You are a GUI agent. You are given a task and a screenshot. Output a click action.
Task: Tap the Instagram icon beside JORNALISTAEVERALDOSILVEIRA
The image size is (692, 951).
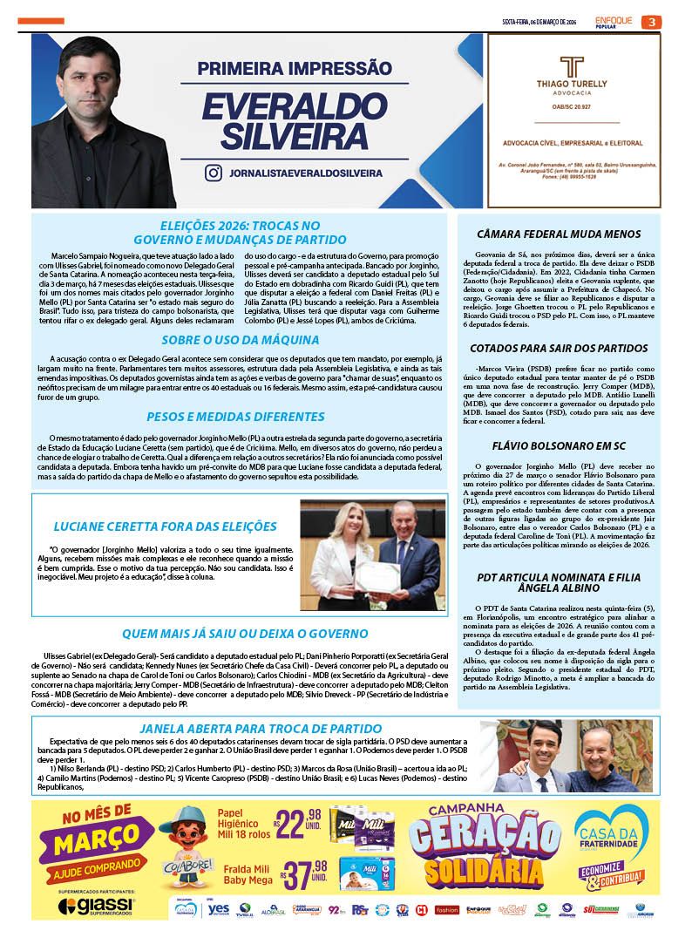[213, 173]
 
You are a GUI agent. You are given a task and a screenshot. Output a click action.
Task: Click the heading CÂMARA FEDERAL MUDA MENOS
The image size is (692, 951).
[560, 234]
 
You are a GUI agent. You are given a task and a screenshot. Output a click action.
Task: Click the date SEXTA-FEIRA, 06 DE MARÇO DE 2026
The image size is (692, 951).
[539, 22]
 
